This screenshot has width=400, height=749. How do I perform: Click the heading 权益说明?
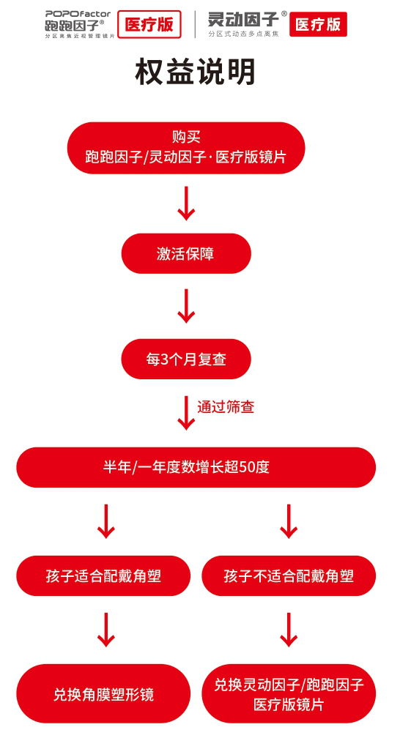(196, 72)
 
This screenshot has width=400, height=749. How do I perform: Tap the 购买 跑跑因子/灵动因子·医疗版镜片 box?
(186, 147)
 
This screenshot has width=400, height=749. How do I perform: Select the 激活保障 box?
(186, 253)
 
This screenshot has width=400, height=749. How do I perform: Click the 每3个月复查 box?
(186, 359)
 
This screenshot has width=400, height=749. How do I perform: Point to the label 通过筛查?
(226, 407)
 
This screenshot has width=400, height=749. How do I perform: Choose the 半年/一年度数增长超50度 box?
(196, 467)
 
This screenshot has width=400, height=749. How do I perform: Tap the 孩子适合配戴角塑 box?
(103, 575)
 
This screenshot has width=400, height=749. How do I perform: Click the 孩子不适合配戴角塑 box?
(289, 575)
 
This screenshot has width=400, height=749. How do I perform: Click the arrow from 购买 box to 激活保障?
(186, 203)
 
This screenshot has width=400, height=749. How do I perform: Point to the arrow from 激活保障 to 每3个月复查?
(186, 306)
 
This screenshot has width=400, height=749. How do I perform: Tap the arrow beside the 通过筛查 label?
(186, 412)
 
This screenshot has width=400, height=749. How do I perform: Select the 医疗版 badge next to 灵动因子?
(318, 24)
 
